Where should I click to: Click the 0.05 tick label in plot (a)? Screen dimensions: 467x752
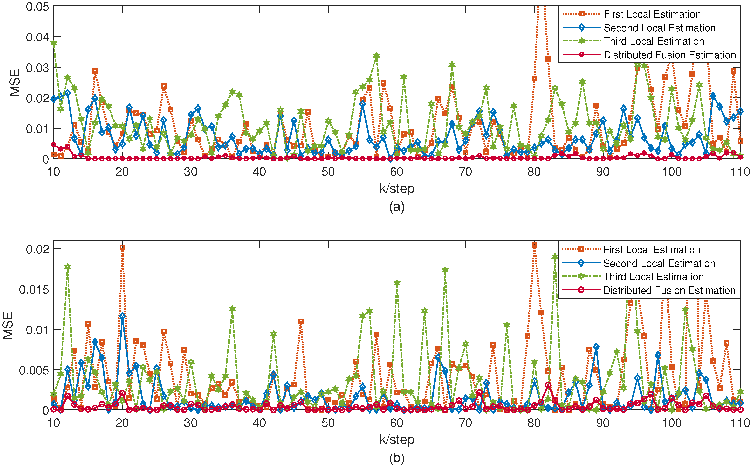tap(37, 7)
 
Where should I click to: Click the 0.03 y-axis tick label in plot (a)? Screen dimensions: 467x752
tap(37, 68)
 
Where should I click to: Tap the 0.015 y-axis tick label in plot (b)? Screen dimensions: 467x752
tap(34, 290)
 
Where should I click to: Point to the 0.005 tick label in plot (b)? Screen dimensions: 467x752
tap(34, 370)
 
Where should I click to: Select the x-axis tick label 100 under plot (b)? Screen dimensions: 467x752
tap(671, 423)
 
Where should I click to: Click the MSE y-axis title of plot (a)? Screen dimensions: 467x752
tap(14, 82)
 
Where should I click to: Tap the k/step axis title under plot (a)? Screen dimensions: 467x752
tap(397, 188)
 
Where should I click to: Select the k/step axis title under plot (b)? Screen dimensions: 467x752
tap(397, 439)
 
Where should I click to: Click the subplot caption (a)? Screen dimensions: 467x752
tap(397, 207)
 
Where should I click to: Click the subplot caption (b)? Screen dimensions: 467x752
tap(397, 458)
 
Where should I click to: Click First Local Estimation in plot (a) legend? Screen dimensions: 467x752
tap(652, 14)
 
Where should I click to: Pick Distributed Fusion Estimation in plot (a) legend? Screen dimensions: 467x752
tap(670, 55)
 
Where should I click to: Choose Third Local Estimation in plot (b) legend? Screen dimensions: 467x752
tap(653, 277)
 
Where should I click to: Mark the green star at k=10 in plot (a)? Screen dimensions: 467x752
tap(54, 43)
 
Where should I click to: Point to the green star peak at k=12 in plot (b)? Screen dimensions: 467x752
tap(68, 267)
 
